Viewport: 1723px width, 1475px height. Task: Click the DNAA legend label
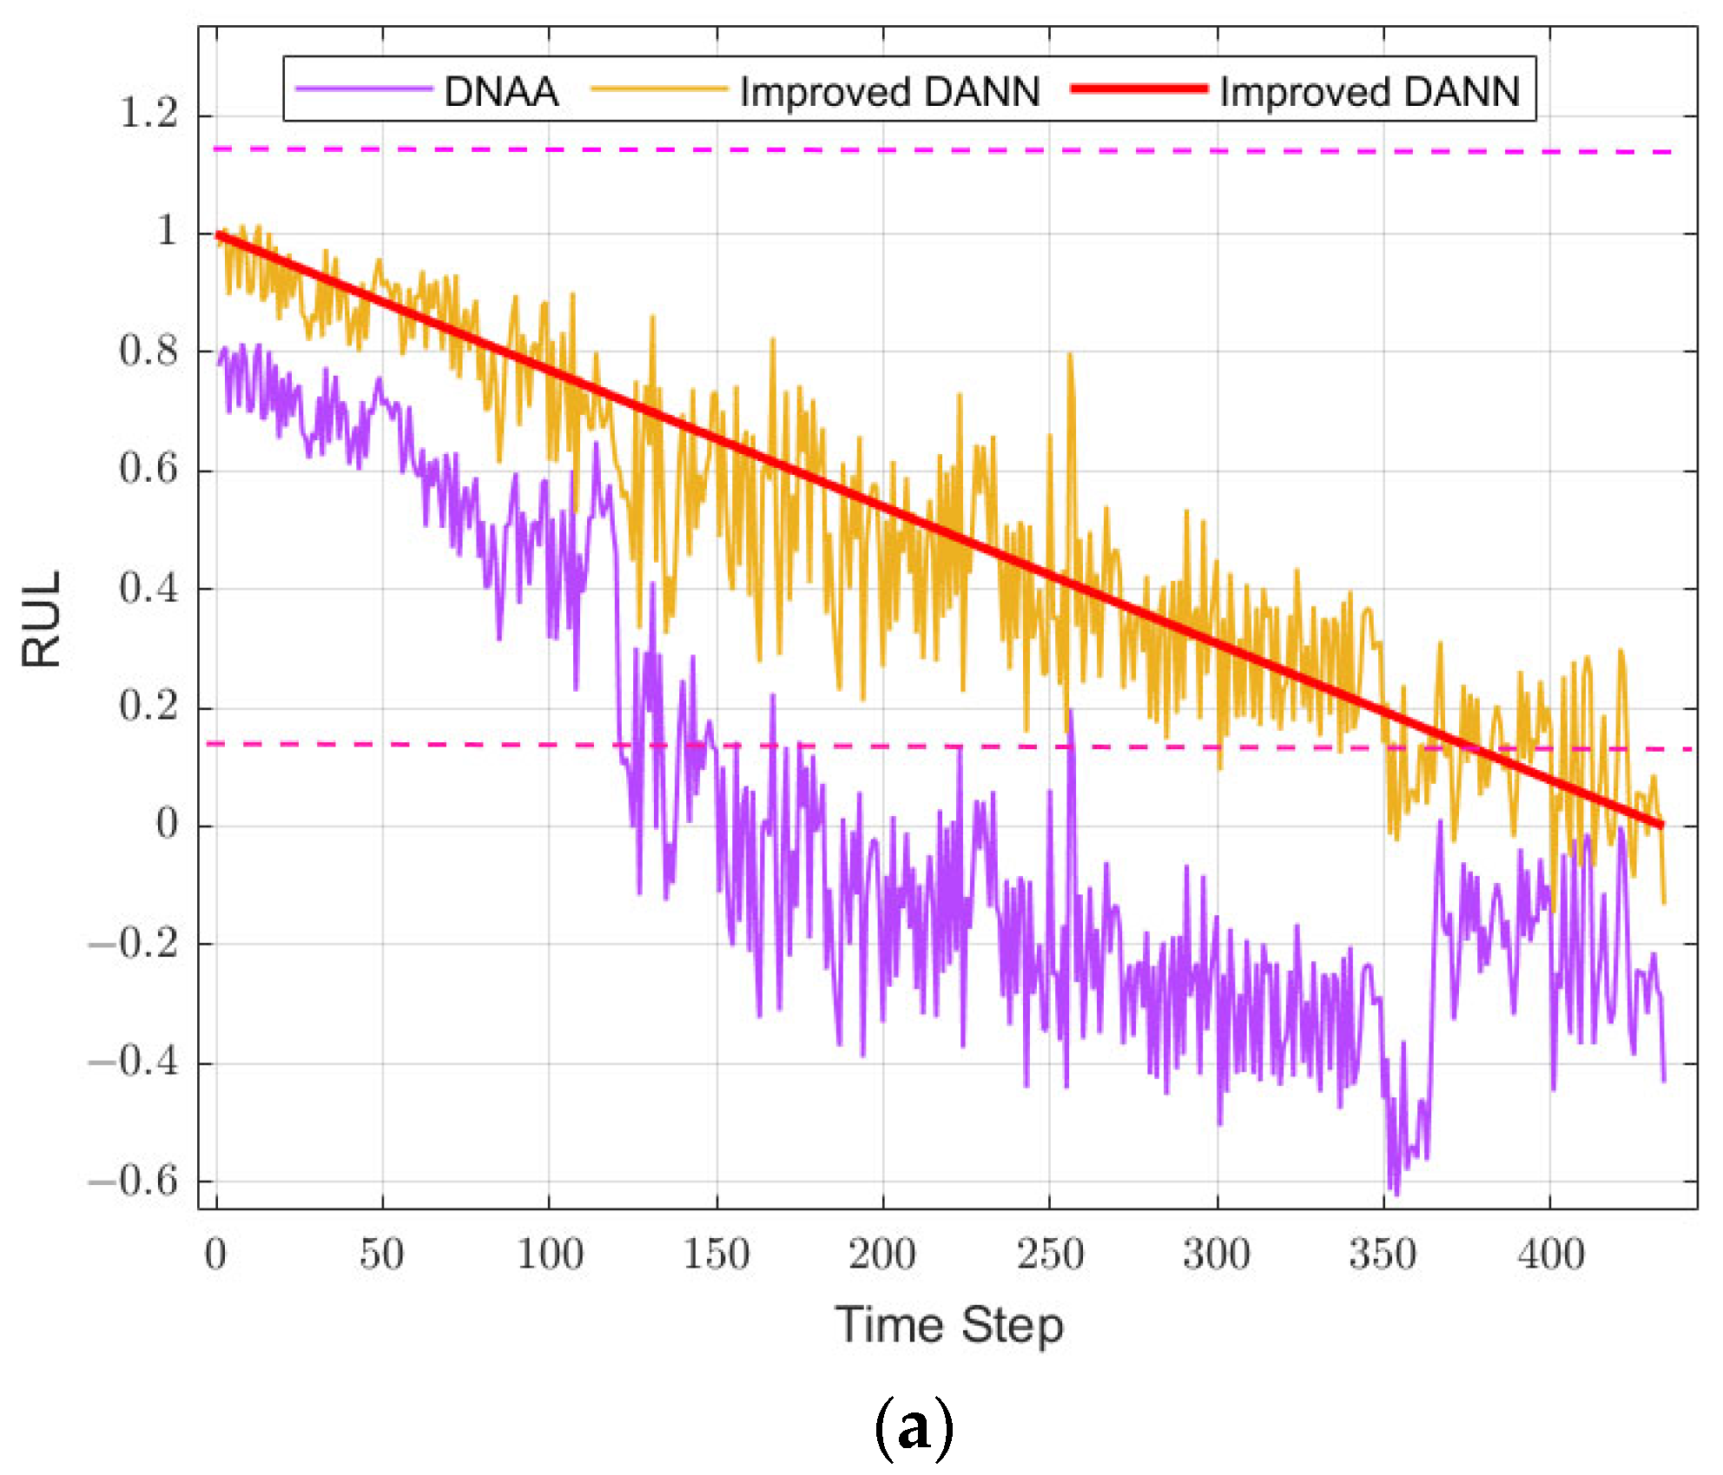point(500,92)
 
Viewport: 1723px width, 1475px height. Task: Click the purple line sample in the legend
point(364,89)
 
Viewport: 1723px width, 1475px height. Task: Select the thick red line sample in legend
point(1139,89)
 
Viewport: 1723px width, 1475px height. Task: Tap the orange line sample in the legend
point(658,89)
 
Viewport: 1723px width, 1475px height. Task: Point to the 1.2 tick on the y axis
point(149,114)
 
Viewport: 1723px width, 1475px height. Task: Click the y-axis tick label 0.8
point(149,351)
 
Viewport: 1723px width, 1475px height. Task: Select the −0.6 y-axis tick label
point(133,1181)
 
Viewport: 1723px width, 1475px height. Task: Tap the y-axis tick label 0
point(167,824)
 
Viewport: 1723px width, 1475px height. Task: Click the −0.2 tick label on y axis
point(133,943)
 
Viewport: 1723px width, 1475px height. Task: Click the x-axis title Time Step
point(949,1326)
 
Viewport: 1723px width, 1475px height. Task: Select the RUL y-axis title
point(42,618)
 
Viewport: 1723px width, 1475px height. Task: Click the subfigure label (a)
point(914,1428)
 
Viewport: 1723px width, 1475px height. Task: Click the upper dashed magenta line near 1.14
point(868,150)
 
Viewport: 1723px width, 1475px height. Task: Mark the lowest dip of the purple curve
point(1396,1193)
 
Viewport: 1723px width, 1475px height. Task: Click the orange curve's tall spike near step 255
point(1070,356)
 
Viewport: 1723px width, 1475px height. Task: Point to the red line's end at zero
point(1660,824)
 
